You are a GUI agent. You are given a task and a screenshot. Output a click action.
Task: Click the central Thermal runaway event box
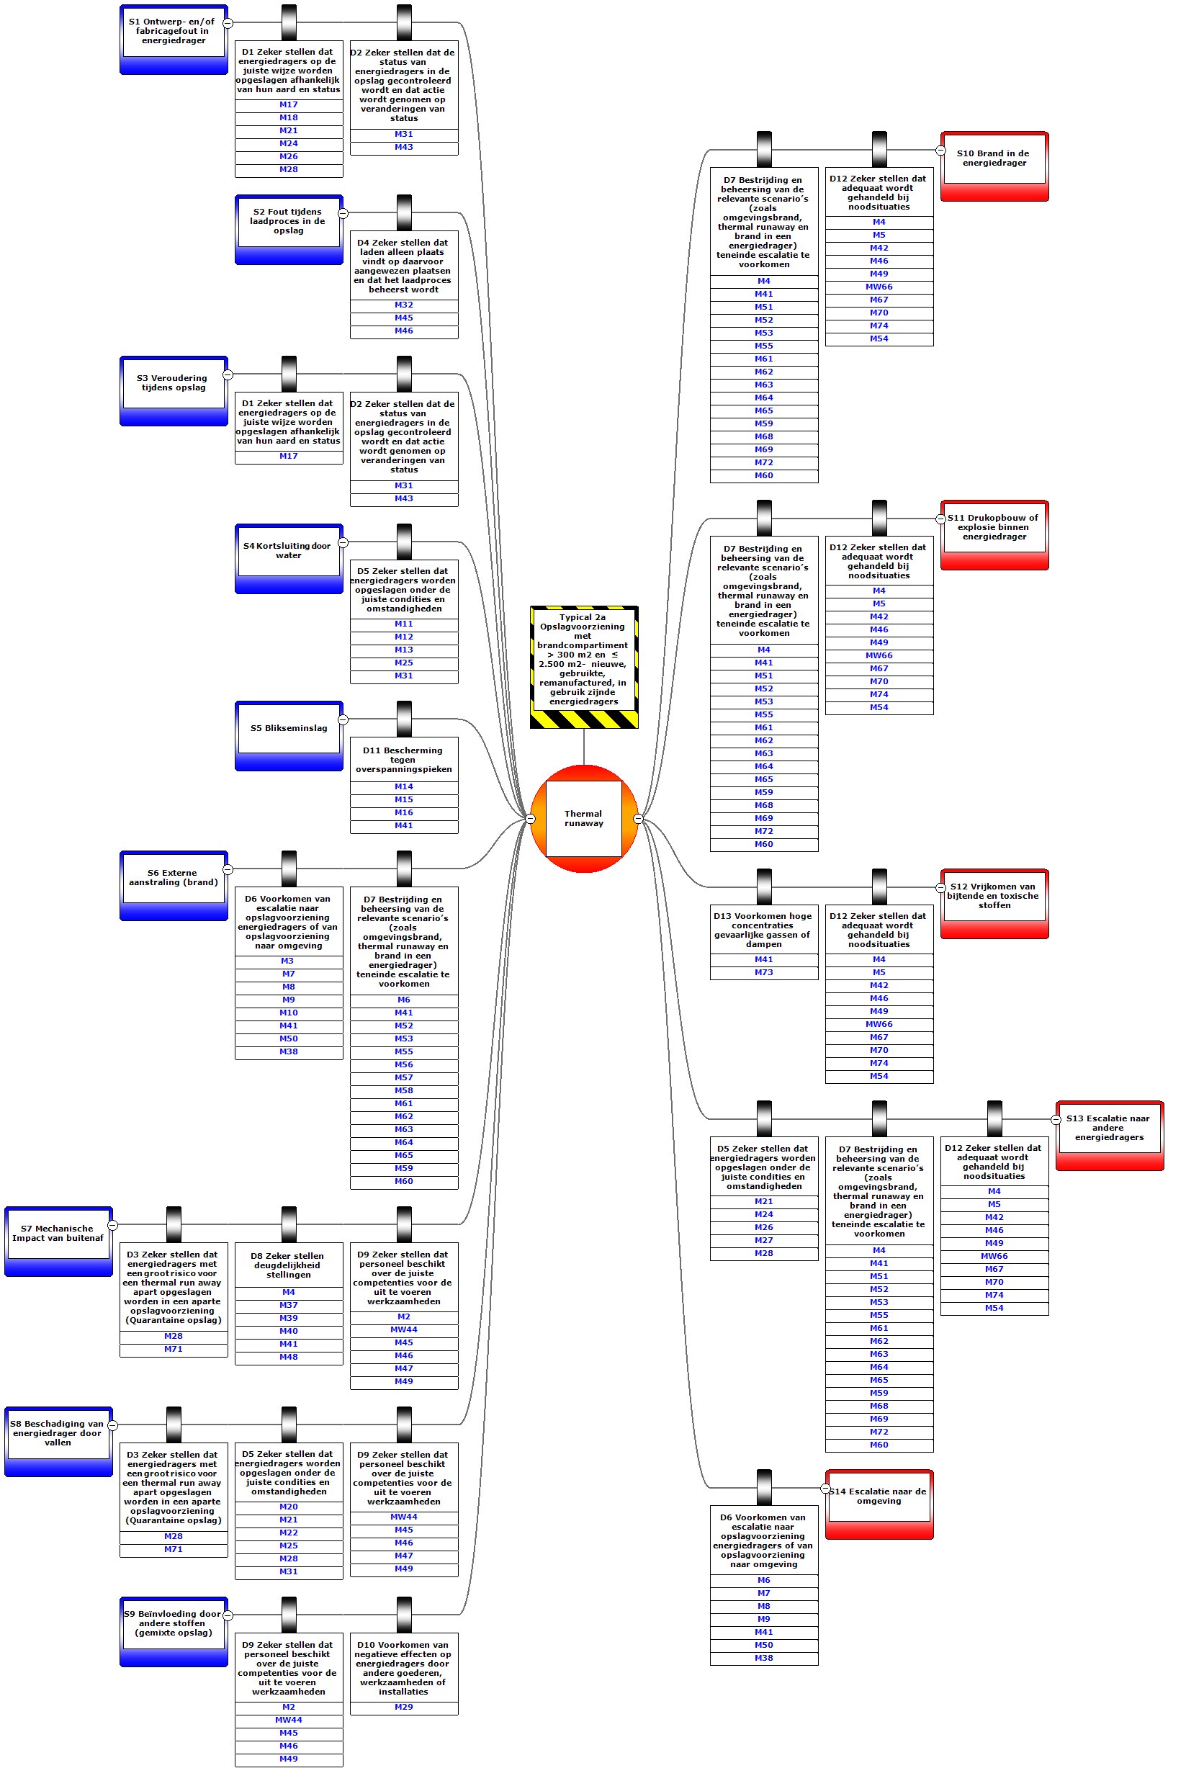pyautogui.click(x=583, y=818)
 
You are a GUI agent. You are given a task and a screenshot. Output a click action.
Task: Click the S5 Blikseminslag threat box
pyautogui.click(x=289, y=728)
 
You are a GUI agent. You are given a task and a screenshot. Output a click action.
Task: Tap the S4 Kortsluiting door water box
pyautogui.click(x=289, y=550)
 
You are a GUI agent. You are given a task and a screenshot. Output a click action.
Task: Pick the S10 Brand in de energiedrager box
pyautogui.click(x=994, y=158)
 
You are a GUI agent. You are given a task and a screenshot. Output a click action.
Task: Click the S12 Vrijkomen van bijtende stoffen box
pyautogui.click(x=994, y=896)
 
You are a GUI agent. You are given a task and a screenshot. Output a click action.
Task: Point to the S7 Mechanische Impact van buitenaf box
pyautogui.click(x=58, y=1234)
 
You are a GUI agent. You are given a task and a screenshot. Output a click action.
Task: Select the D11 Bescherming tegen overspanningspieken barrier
pyautogui.click(x=404, y=759)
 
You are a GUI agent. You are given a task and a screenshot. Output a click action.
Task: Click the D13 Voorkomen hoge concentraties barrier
pyautogui.click(x=764, y=930)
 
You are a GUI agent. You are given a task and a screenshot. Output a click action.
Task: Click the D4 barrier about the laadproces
pyautogui.click(x=404, y=266)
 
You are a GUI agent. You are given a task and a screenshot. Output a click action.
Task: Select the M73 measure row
pyautogui.click(x=764, y=972)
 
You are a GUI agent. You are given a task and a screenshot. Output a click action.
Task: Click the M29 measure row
pyautogui.click(x=404, y=1707)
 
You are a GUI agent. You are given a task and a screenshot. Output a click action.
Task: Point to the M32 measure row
pyautogui.click(x=404, y=305)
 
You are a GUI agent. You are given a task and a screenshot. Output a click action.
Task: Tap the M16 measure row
pyautogui.click(x=404, y=813)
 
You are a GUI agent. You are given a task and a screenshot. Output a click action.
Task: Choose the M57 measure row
pyautogui.click(x=404, y=1077)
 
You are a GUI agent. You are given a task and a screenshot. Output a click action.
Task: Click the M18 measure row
pyautogui.click(x=289, y=118)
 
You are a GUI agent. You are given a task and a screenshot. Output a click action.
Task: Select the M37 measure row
pyautogui.click(x=289, y=1305)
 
